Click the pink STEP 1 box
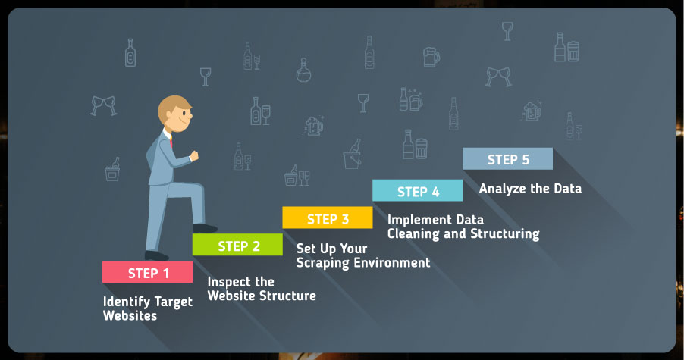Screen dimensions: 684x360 click(147, 272)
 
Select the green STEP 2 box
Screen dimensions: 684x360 click(237, 245)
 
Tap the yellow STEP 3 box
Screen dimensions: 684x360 click(328, 218)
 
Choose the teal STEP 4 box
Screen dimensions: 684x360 click(418, 190)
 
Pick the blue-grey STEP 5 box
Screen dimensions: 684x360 click(508, 158)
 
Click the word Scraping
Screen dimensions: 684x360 click(323, 263)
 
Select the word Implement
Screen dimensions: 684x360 click(413, 220)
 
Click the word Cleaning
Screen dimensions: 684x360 click(413, 234)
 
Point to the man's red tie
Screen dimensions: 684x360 click(171, 141)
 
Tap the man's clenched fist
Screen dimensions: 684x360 click(193, 155)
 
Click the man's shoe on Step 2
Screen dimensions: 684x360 click(205, 228)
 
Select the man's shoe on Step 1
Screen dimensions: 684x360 click(156, 256)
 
